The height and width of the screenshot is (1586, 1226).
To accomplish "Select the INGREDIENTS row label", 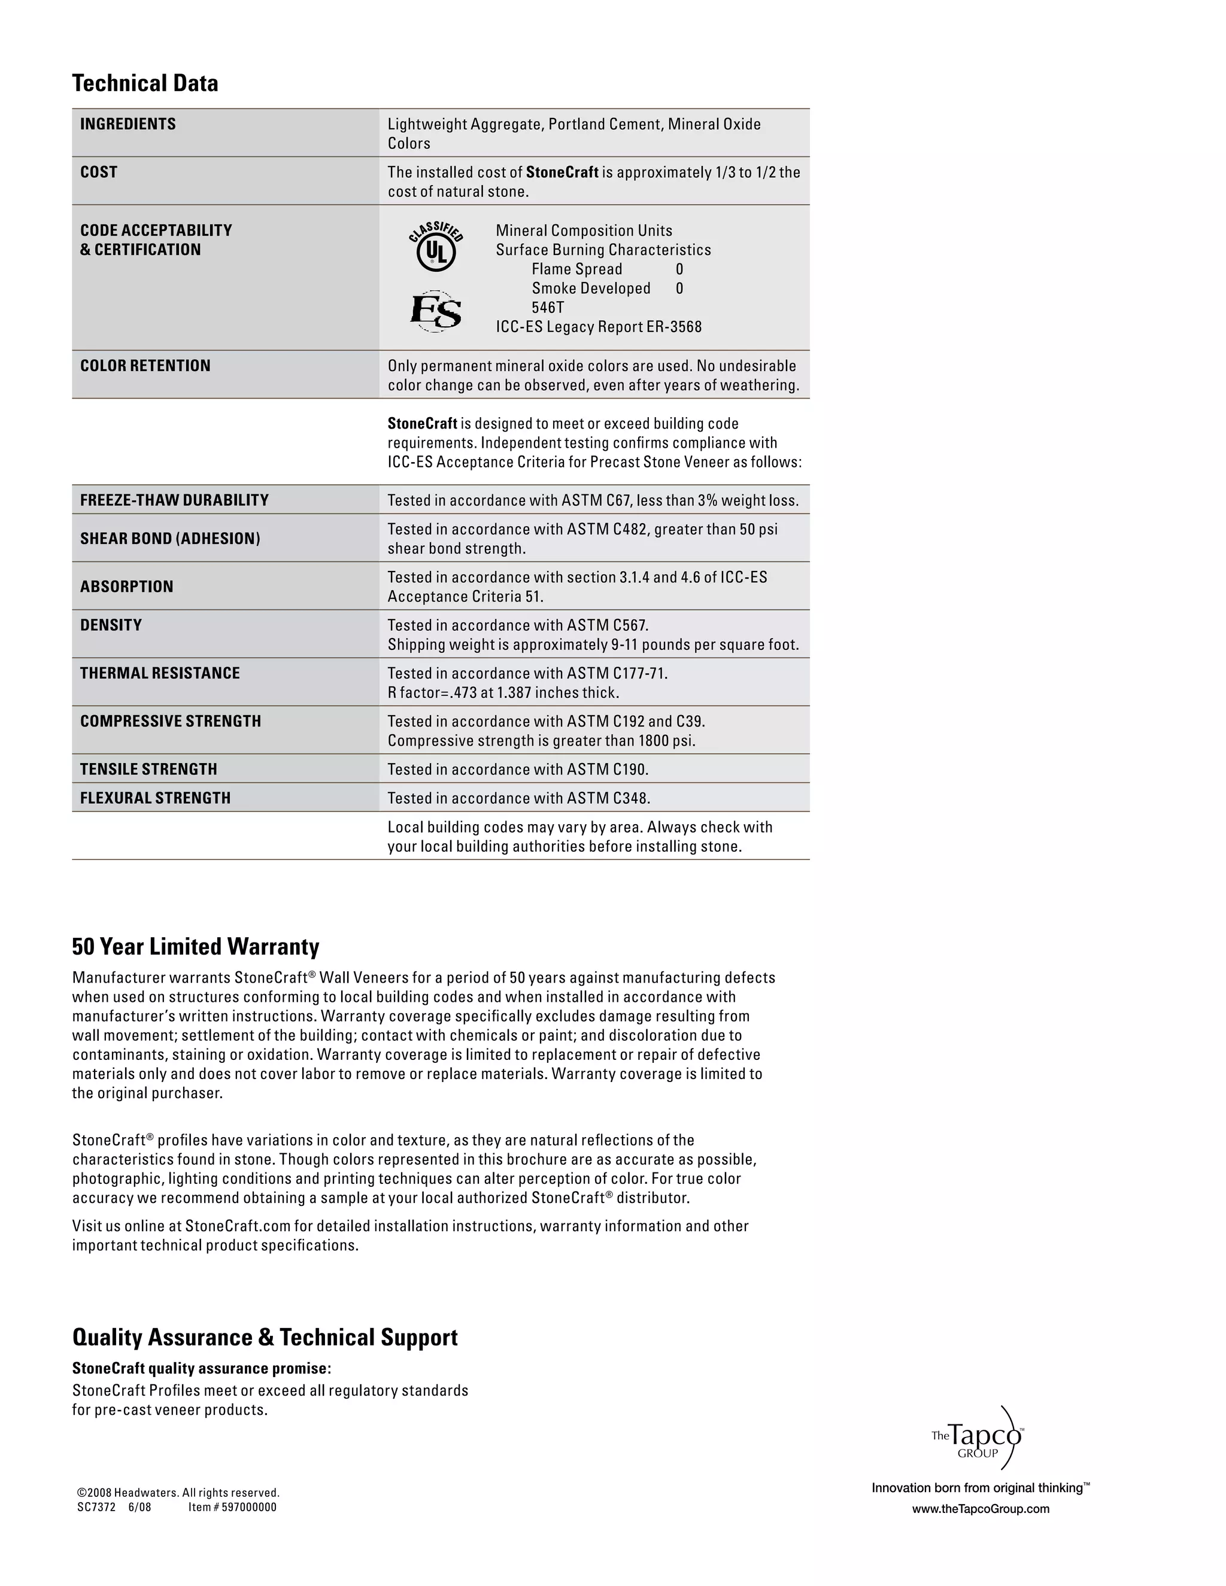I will (128, 124).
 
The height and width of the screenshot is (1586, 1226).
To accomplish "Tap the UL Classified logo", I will (436, 247).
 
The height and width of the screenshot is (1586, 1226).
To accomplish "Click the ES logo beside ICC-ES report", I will (436, 312).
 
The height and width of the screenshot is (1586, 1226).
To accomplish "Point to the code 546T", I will (548, 308).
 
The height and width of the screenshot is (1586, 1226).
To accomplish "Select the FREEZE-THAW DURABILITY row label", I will (174, 500).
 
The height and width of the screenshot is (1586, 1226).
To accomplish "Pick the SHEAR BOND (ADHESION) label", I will (170, 539).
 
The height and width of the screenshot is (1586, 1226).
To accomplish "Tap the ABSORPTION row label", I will (126, 587).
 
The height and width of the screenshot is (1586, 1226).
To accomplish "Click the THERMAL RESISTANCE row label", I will (160, 673).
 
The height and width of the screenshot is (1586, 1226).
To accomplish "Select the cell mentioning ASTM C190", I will (518, 770).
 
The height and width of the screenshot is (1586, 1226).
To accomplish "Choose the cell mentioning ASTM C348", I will (518, 798).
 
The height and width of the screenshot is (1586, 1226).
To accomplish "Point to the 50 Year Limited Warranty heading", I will (195, 947).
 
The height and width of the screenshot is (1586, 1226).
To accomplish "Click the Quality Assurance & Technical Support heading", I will (265, 1338).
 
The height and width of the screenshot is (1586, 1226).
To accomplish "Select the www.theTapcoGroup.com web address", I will (981, 1509).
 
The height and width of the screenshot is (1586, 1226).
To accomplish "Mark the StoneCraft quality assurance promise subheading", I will (201, 1369).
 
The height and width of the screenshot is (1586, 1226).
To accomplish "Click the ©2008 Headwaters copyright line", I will (178, 1492).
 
